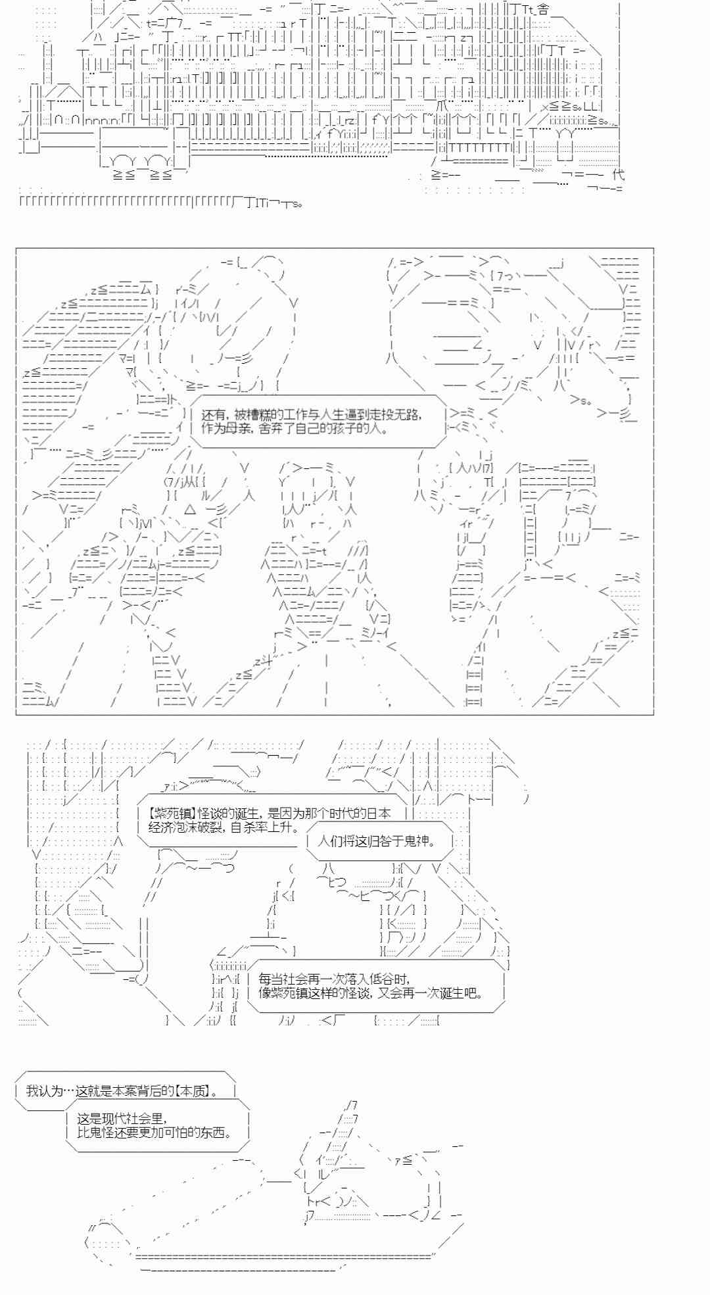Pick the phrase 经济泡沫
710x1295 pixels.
(172, 827)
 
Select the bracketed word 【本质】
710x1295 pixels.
(197, 1091)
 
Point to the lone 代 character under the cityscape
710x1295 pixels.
(618, 174)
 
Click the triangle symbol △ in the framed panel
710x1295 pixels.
(190, 509)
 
